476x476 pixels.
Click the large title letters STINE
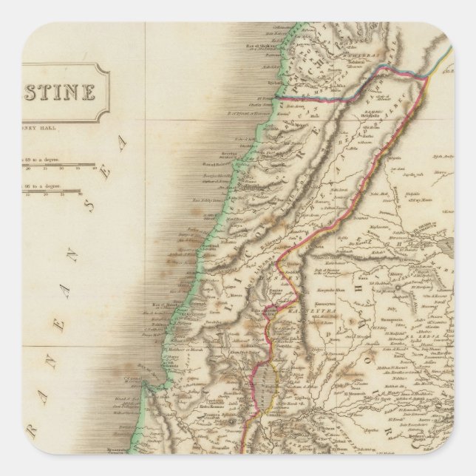[x=63, y=93]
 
